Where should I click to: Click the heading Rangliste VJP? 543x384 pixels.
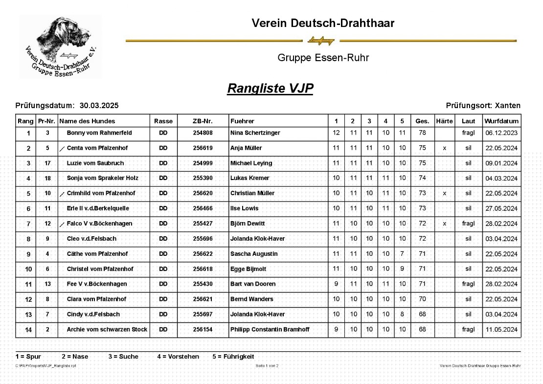[x=270, y=89]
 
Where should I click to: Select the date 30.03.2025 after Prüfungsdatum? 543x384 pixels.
[x=99, y=106]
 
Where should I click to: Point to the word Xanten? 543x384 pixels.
[x=508, y=106]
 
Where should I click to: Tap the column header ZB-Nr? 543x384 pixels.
[x=203, y=121]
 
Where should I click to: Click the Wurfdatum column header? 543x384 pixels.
[x=501, y=121]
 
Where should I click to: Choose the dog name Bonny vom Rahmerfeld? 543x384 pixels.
[x=99, y=133]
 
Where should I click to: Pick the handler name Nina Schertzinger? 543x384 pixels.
[x=254, y=133]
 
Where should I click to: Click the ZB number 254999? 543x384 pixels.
[x=203, y=163]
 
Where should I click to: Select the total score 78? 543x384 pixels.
[x=422, y=133]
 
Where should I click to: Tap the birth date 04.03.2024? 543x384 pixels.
[x=501, y=179]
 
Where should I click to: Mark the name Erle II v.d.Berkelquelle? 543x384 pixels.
[x=98, y=208]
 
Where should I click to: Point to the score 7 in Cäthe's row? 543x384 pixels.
[x=402, y=254]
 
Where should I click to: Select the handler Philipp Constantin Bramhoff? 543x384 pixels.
[x=270, y=330]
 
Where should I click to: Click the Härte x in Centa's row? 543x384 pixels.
[x=444, y=148]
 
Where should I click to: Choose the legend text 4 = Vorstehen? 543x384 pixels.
[x=178, y=357]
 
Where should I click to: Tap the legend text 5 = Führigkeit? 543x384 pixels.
[x=233, y=357]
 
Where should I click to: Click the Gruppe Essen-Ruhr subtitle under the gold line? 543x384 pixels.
[x=323, y=58]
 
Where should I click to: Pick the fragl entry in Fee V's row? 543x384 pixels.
[x=468, y=284]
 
